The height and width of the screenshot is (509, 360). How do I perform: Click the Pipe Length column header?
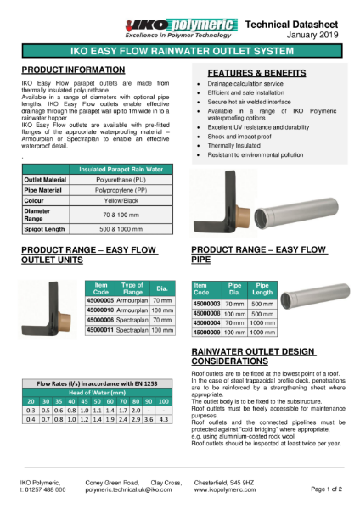click(x=263, y=288)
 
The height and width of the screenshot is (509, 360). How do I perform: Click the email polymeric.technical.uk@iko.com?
click(x=128, y=490)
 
